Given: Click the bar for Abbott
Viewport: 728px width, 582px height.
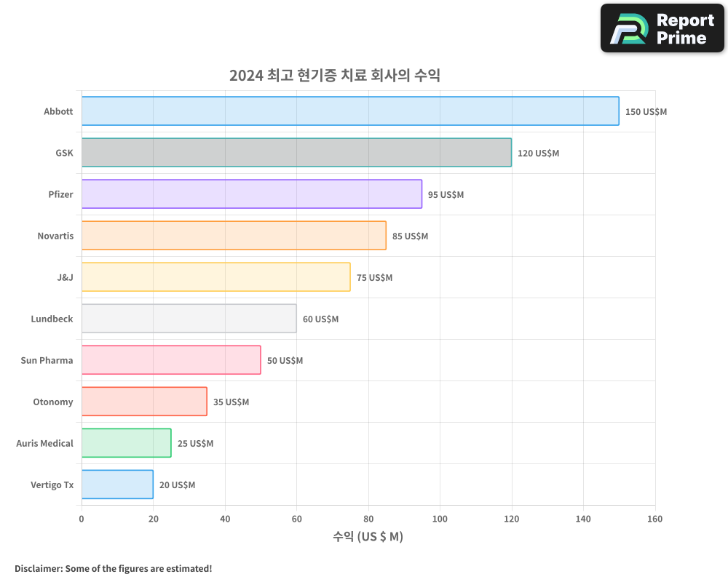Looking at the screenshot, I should tap(349, 111).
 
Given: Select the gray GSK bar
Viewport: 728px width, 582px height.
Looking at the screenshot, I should tap(296, 153).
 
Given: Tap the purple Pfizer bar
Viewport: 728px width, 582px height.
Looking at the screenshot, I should tap(251, 194).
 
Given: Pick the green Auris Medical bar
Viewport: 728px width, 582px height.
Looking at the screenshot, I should tap(126, 443).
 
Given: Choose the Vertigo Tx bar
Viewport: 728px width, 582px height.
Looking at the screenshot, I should tap(117, 485).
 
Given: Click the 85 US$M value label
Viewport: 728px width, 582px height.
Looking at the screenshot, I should tap(410, 236).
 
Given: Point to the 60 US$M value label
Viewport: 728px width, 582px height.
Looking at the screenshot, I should tap(320, 319).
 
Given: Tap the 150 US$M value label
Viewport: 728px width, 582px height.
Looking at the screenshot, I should tap(646, 112).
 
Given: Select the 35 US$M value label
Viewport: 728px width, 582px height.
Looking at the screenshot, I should tap(231, 402).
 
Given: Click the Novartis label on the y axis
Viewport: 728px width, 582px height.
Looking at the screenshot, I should tap(55, 236).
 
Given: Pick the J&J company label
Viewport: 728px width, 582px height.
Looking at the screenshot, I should tap(65, 277).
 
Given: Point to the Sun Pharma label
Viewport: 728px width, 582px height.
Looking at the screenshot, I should tap(47, 360).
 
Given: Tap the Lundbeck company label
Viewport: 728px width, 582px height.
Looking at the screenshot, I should tap(52, 319).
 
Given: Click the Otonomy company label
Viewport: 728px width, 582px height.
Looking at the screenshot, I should tap(53, 402).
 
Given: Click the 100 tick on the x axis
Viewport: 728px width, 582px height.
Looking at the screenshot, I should tap(440, 519).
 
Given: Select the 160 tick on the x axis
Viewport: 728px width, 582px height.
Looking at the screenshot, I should tap(654, 519).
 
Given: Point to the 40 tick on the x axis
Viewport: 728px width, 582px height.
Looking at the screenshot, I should tap(225, 519).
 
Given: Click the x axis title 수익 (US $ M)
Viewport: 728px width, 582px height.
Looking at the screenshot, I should tap(368, 537).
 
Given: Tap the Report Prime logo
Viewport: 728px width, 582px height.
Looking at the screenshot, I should tap(662, 28).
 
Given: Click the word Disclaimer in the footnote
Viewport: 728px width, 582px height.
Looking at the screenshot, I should tap(38, 568).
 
